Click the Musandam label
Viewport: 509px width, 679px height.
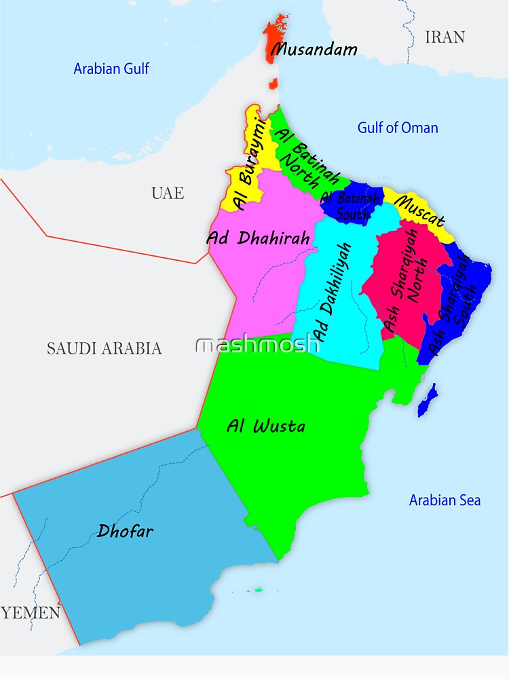(x=314, y=50)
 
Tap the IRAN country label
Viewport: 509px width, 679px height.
(x=445, y=37)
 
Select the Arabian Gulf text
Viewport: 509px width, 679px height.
(x=111, y=69)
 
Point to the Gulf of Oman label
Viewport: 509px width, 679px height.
(x=398, y=128)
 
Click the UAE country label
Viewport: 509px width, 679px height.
(x=168, y=193)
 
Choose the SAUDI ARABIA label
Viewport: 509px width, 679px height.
(x=104, y=348)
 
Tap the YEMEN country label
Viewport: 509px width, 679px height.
(x=31, y=612)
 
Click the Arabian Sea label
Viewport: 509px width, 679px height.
(x=445, y=500)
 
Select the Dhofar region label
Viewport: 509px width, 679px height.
(x=125, y=530)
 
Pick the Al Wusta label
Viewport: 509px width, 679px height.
(x=265, y=426)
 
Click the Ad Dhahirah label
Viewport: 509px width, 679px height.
(x=258, y=238)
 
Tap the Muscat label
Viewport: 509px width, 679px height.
(x=419, y=211)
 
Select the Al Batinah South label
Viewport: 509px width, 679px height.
(x=350, y=206)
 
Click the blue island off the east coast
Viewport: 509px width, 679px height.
(x=427, y=401)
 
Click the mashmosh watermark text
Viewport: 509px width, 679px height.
(x=257, y=344)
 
